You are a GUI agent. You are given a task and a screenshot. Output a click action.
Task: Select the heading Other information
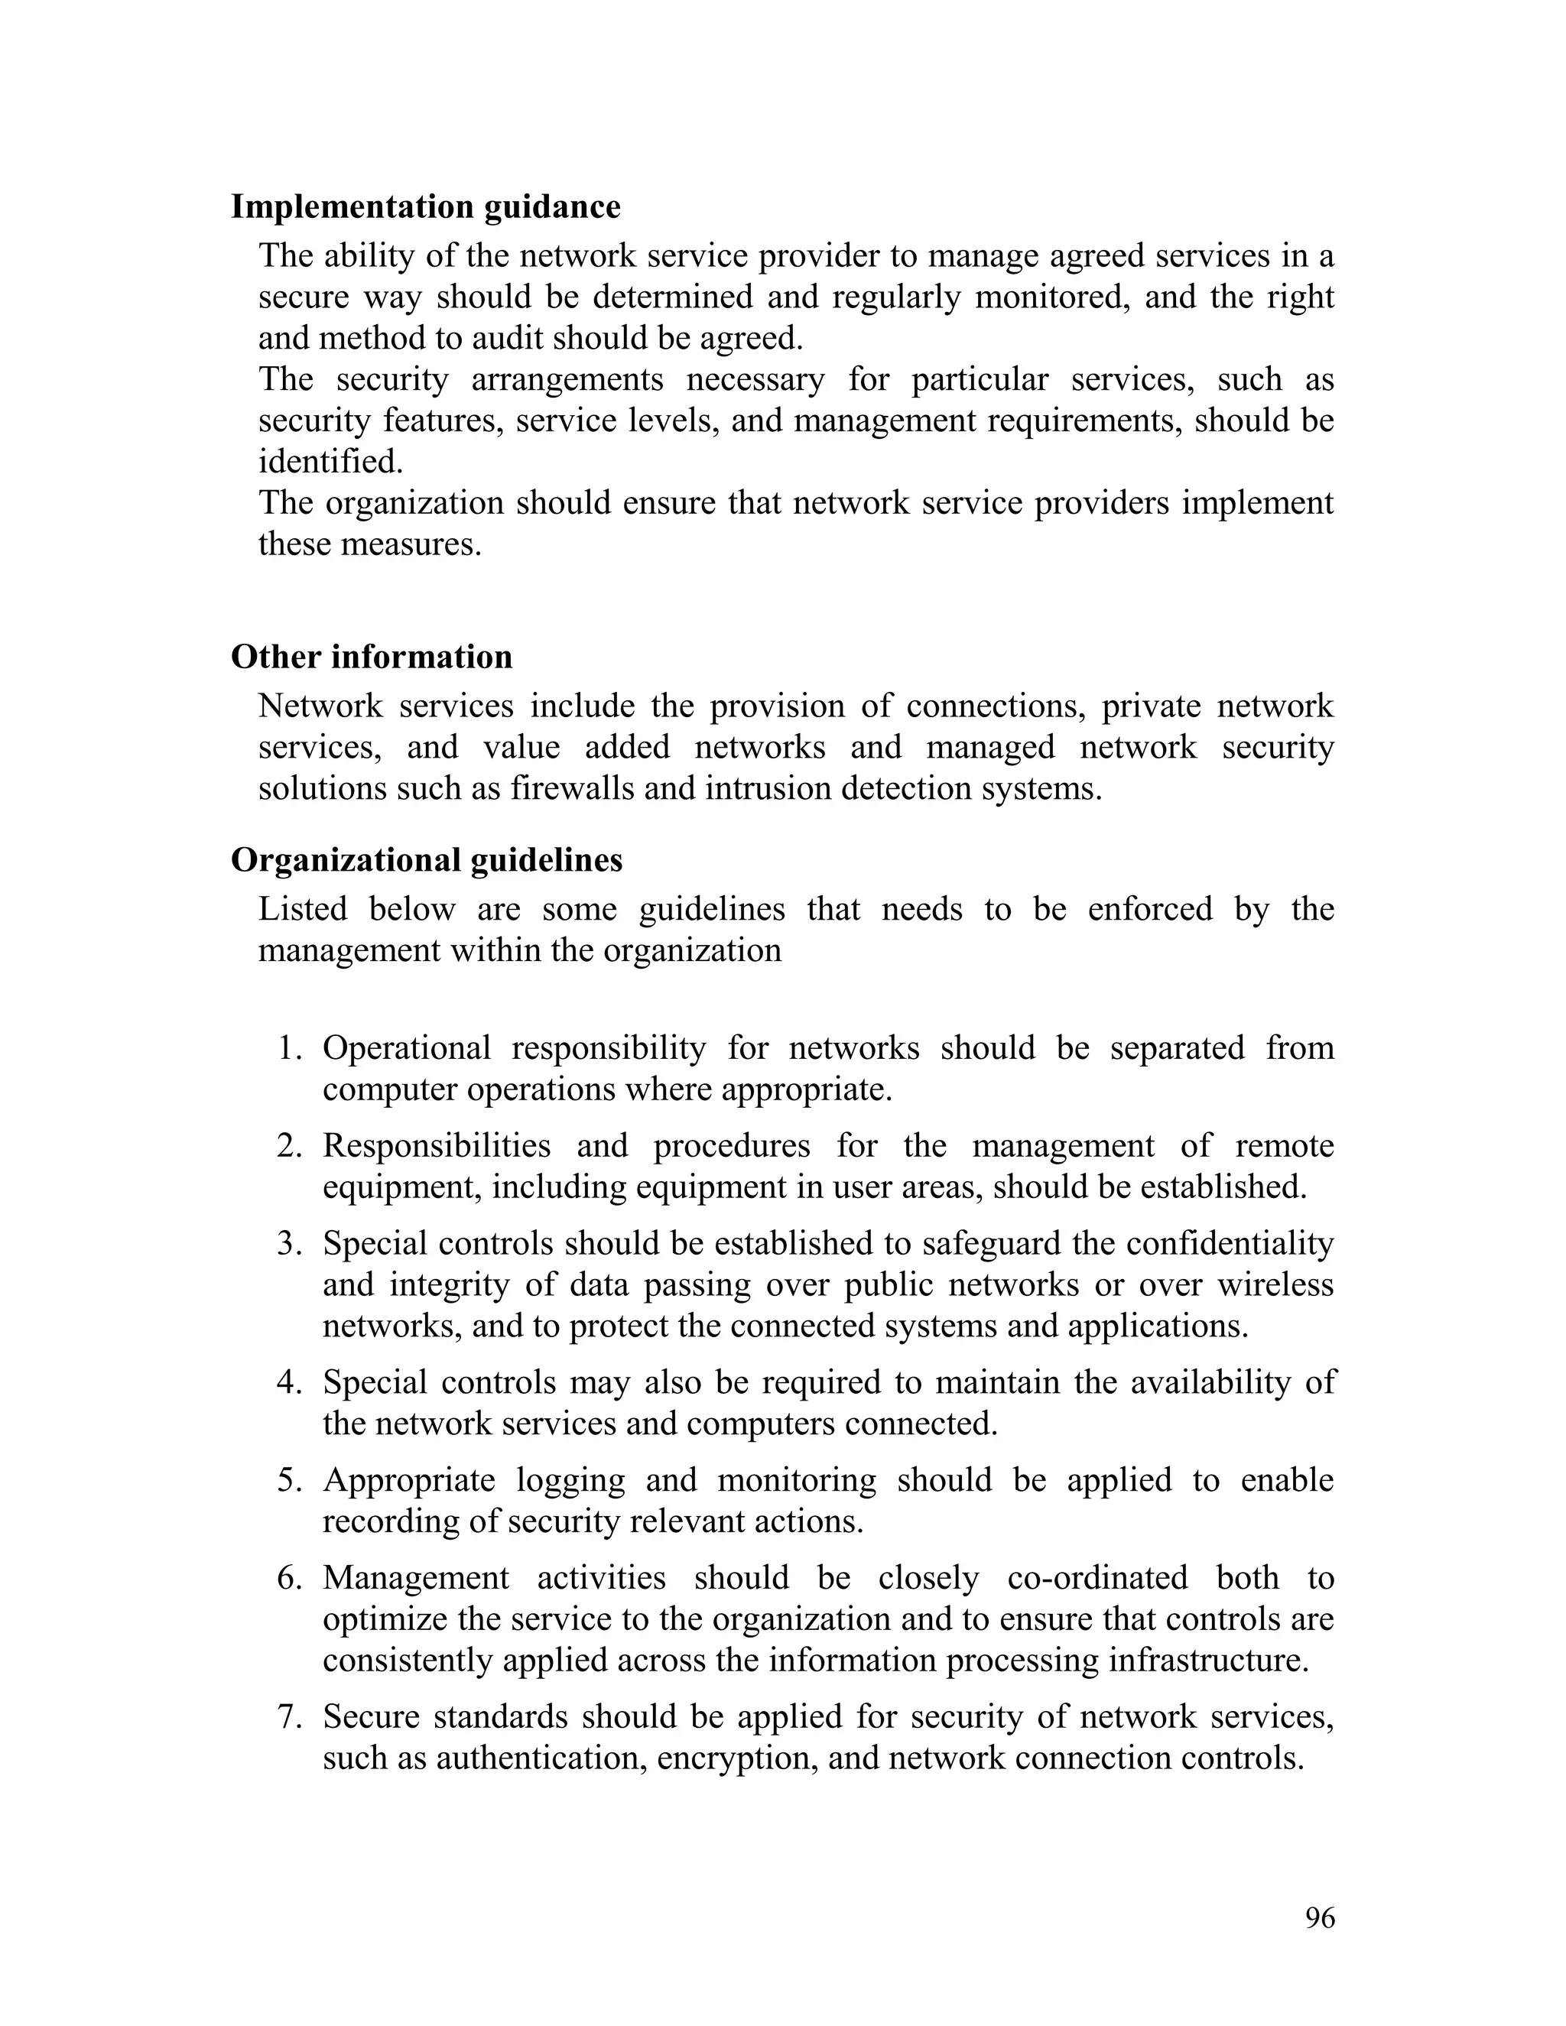(371, 657)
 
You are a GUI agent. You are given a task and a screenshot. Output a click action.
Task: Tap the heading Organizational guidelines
(426, 860)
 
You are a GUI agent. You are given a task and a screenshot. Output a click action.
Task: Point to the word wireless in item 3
(1275, 1285)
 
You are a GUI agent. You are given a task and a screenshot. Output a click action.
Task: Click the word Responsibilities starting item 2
(436, 1146)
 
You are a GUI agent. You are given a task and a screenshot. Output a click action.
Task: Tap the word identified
(330, 461)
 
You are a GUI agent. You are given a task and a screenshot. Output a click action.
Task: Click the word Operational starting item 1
(406, 1048)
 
